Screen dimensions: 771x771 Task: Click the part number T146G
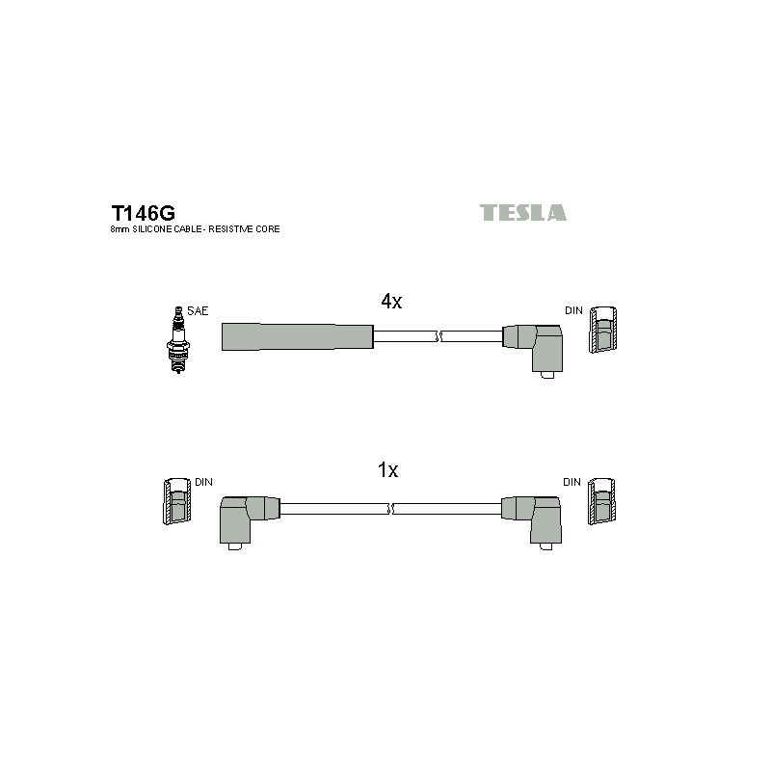[143, 213]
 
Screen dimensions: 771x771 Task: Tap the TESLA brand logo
[522, 212]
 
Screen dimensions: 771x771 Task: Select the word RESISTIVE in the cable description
[230, 229]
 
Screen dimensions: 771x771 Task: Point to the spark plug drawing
[178, 340]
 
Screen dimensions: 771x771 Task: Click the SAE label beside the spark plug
[198, 310]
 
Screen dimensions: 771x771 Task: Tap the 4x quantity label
[391, 301]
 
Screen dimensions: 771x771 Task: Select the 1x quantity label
[387, 470]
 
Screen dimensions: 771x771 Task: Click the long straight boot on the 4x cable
[298, 336]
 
